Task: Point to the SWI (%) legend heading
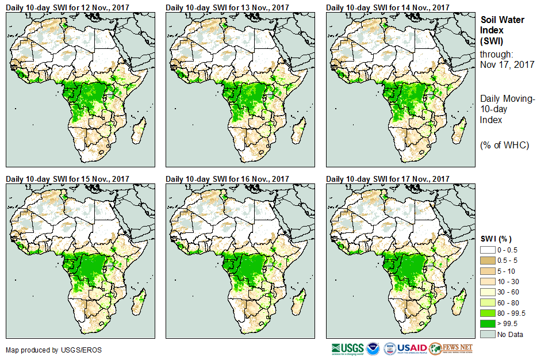(496, 239)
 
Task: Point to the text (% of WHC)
(504, 145)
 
